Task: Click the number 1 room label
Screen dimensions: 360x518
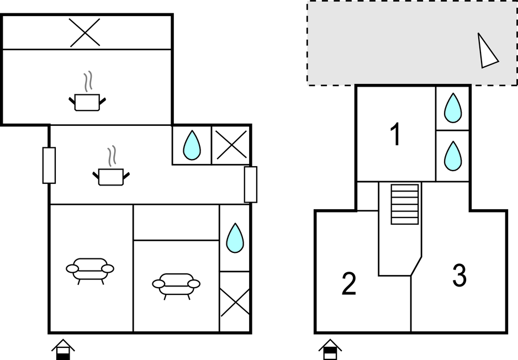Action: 395,135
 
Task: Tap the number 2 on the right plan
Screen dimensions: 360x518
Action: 348,284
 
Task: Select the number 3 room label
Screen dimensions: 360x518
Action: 459,275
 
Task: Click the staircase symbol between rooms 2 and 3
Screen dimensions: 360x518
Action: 405,204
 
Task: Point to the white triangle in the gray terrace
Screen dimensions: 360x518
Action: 487,51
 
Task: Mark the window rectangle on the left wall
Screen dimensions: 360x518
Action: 49,165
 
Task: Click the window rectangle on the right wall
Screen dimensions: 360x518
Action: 251,184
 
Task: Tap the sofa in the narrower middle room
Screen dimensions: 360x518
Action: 176,285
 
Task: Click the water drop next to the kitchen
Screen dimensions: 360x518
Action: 192,145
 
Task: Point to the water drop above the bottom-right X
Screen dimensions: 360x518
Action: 235,237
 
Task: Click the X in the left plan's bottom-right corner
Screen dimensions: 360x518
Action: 235,302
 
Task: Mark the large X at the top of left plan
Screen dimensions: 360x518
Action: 85,31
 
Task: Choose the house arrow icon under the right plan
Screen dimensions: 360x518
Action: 329,349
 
